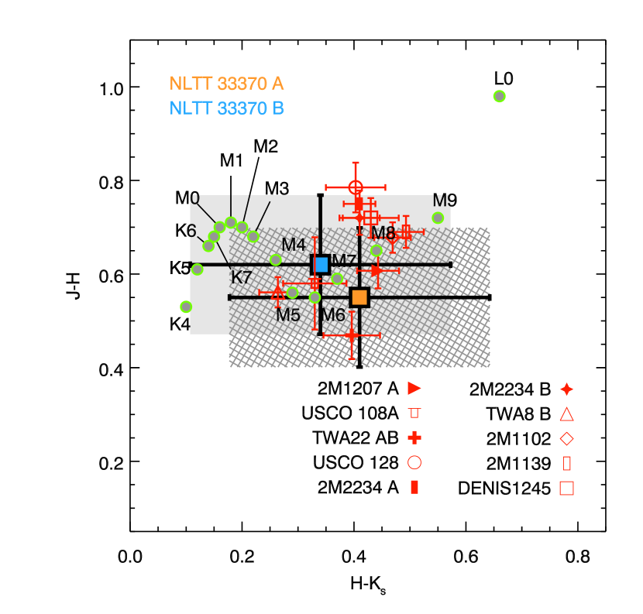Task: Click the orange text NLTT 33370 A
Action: click(226, 84)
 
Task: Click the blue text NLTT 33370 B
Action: click(226, 108)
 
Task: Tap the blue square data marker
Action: click(321, 265)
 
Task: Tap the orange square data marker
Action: click(359, 297)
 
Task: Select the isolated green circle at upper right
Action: click(500, 96)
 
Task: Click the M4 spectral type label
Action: click(294, 245)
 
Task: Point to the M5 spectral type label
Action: click(287, 315)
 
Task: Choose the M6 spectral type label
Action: click(333, 315)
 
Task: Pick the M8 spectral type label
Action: click(383, 233)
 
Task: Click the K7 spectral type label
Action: click(242, 277)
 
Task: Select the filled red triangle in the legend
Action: click(414, 388)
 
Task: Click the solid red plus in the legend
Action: click(414, 437)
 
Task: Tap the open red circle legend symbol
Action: click(414, 462)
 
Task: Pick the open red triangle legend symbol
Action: click(566, 414)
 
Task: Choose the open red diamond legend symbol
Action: click(566, 438)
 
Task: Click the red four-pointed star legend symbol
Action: click(566, 389)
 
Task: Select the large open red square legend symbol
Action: click(566, 488)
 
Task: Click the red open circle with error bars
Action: click(356, 187)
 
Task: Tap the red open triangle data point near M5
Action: click(277, 293)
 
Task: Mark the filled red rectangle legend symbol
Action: click(414, 487)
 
